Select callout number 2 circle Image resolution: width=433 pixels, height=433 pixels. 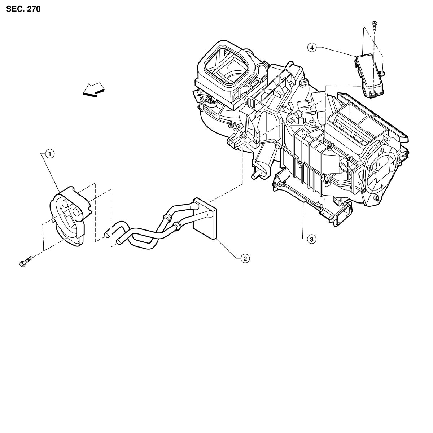click(x=245, y=258)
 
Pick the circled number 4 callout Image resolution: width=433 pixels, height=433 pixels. click(x=312, y=47)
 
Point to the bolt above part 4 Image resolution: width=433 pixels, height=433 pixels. click(x=374, y=26)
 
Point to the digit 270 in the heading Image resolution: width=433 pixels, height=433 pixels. click(x=33, y=9)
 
